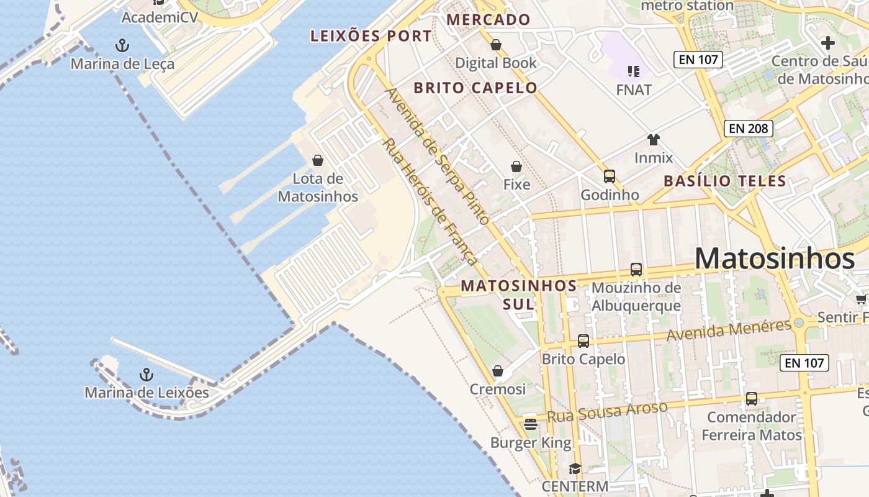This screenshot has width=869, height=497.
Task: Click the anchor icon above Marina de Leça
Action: pos(122,45)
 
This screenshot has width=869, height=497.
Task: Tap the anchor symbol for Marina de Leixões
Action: pos(146,375)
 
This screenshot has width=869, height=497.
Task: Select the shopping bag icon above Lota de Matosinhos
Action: pos(318,160)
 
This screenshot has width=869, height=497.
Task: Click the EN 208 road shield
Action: pos(749,129)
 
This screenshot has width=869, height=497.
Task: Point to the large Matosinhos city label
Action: pos(775,259)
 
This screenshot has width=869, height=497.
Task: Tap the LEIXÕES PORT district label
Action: pos(371,36)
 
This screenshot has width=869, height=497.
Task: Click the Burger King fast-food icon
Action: pos(530,424)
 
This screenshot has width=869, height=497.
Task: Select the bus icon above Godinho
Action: pos(609,176)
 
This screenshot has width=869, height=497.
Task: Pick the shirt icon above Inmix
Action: pos(653,140)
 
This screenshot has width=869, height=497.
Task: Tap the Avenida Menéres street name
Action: pos(729,330)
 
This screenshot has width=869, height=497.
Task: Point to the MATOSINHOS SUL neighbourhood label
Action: pos(519,294)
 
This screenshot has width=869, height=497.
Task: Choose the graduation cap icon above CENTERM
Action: pos(575,468)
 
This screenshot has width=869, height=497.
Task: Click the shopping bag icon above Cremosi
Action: pos(498,371)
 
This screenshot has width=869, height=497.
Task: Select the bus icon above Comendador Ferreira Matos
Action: pos(751,398)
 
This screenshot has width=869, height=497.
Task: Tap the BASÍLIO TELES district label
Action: pos(725,181)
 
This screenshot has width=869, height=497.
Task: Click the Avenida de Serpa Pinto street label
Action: pos(438,155)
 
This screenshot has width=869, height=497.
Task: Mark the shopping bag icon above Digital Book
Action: pos(496,45)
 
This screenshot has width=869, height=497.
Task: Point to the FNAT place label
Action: pos(634,90)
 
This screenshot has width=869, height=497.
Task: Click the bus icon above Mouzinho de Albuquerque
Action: pos(636,270)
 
